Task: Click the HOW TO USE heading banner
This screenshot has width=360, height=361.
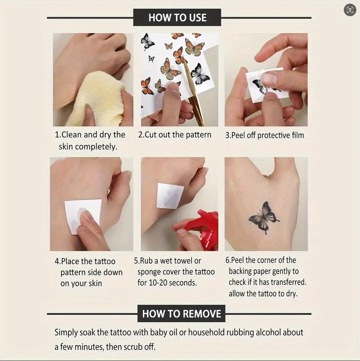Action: [177, 18]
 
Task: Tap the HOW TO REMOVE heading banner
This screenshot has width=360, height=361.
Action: [181, 314]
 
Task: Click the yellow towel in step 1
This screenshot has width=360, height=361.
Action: [97, 99]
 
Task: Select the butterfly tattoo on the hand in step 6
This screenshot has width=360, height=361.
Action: [264, 218]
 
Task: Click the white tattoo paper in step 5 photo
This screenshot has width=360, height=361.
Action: [170, 196]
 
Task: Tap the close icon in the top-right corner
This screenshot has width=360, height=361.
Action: [350, 10]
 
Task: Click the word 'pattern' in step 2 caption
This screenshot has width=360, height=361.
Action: [198, 135]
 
